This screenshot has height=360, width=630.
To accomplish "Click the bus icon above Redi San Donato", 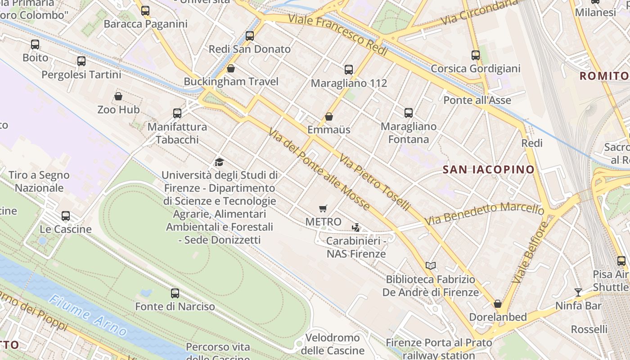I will tap(250, 36).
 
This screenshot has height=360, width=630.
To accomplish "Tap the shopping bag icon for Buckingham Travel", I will tap(231, 68).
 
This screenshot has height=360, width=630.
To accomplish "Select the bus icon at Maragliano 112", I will tap(349, 70).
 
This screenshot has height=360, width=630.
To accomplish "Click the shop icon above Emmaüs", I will tap(329, 117).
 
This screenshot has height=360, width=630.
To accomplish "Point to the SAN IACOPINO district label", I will tap(488, 170).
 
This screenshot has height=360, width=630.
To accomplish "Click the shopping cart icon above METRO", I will tap(323, 208).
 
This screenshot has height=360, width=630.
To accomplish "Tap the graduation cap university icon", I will tap(219, 162).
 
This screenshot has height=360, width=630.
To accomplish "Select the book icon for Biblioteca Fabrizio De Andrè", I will tap(431, 265).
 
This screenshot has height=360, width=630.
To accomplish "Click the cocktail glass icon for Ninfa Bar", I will tap(578, 292).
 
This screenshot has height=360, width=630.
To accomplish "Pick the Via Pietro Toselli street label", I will tap(375, 183).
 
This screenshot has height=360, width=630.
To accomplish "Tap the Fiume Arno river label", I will tap(88, 316).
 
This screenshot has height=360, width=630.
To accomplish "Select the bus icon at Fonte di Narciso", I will tap(175, 293).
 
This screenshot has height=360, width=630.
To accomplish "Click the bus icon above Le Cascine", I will tap(66, 216).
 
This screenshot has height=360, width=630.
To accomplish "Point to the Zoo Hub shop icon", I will tap(118, 96).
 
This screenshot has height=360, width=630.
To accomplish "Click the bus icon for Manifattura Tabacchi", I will tap(177, 113).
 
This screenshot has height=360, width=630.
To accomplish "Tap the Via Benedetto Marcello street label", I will tap(484, 214).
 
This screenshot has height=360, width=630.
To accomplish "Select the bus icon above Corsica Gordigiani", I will tap(476, 55).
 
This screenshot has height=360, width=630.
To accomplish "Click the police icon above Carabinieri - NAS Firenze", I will tap(356, 228).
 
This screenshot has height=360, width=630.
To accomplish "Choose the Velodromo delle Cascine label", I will tap(333, 344).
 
